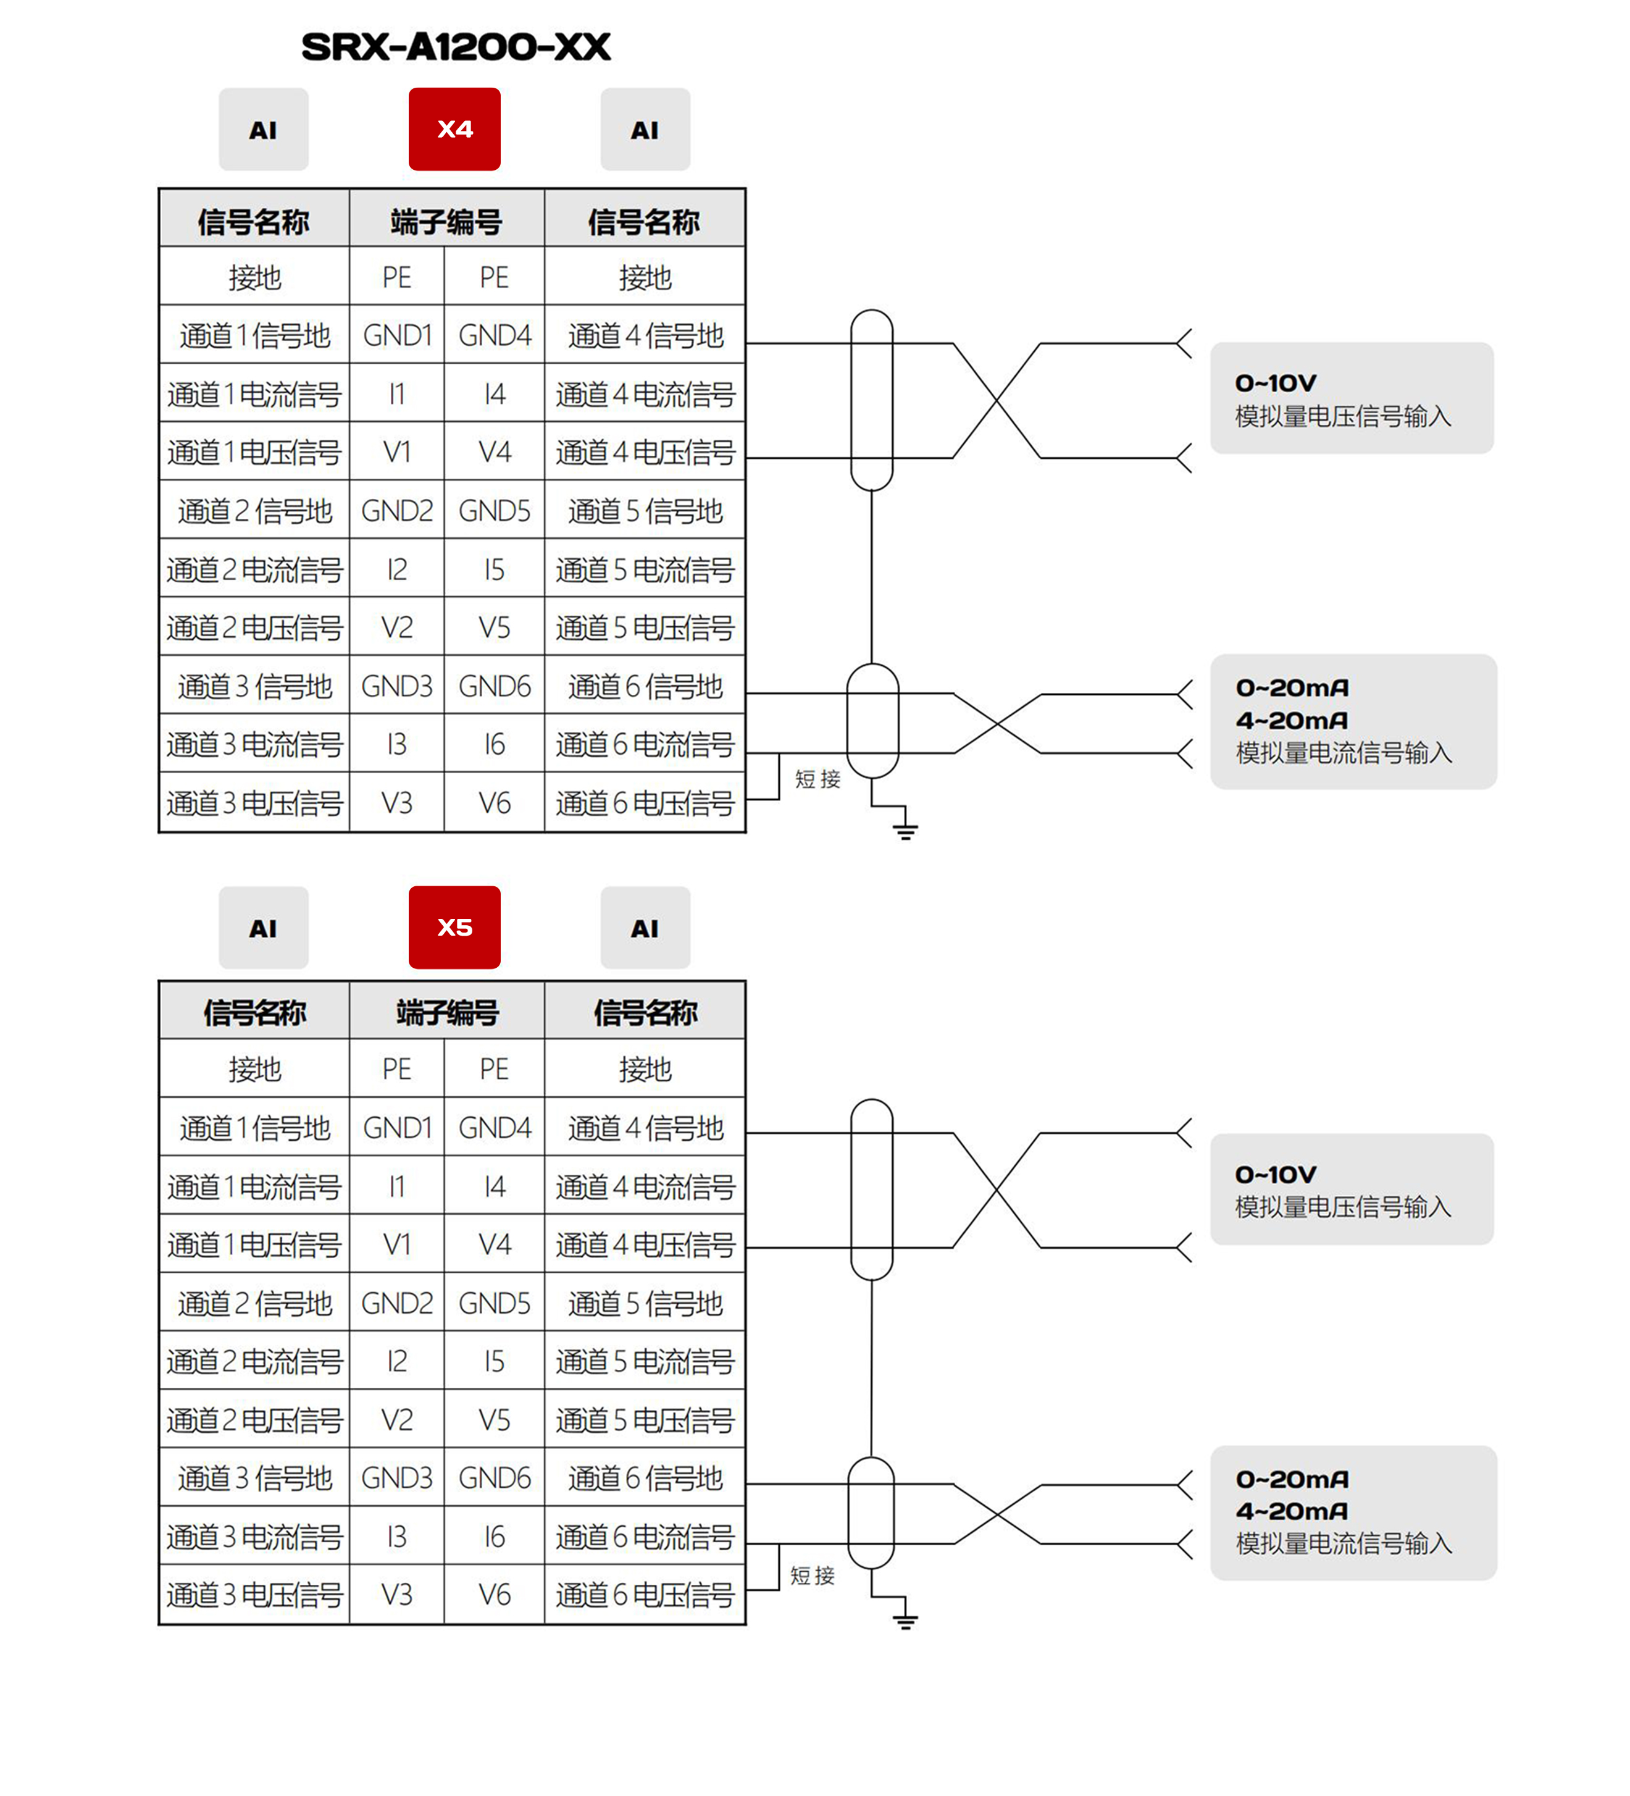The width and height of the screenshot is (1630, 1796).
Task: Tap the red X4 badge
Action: (x=454, y=129)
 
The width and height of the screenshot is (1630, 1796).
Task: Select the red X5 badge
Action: (x=454, y=928)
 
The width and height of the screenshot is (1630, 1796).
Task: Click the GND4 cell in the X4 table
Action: (x=495, y=336)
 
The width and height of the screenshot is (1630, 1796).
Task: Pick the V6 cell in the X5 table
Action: (x=495, y=1595)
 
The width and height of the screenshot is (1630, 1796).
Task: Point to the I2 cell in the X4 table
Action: (x=396, y=569)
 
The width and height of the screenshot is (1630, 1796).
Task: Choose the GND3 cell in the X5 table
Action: (x=396, y=1478)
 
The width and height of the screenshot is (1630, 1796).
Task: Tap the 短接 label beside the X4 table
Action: (x=817, y=779)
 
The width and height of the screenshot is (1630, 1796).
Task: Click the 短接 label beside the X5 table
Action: (x=813, y=1575)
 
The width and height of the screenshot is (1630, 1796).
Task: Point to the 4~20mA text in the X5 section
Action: (x=1292, y=1511)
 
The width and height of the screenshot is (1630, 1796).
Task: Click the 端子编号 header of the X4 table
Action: (x=446, y=222)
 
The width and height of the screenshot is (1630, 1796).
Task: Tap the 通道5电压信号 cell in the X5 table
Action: (x=645, y=1420)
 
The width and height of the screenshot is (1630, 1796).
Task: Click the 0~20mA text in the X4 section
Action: (x=1292, y=688)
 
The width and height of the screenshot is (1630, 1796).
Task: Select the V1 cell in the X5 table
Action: (x=396, y=1244)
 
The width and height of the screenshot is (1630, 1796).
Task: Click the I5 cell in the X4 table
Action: (x=495, y=569)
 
